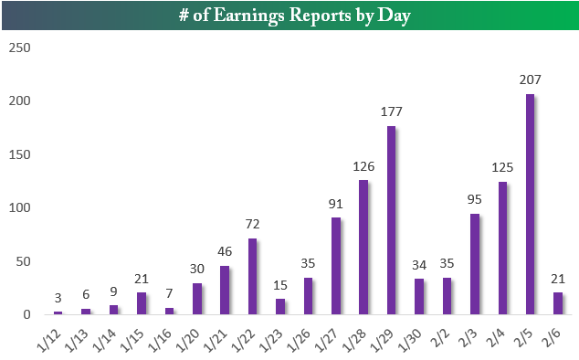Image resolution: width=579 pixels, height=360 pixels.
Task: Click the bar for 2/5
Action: tap(529, 205)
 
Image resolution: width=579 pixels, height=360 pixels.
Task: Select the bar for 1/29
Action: tap(390, 220)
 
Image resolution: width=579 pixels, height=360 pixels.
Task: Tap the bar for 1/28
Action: tap(363, 248)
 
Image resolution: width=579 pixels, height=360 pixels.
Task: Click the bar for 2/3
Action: tap(474, 264)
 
